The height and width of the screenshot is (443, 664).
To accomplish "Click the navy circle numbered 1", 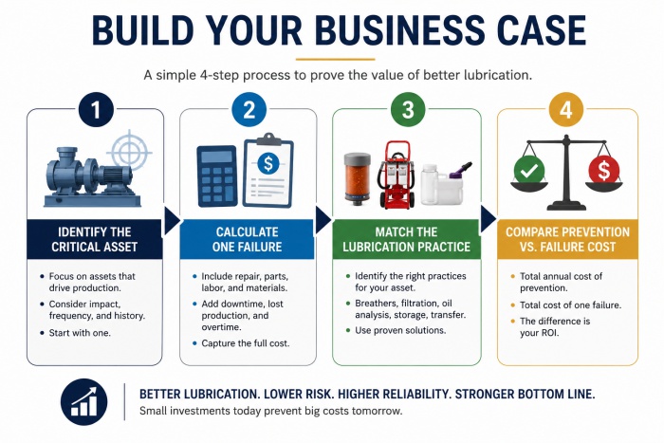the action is click(x=96, y=109).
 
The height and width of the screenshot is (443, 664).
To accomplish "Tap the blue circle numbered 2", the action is click(x=249, y=109).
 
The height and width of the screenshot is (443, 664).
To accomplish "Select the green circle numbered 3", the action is click(x=407, y=109).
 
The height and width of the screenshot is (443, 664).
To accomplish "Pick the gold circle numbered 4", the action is click(x=566, y=109).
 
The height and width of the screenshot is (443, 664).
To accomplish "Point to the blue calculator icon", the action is click(x=217, y=176).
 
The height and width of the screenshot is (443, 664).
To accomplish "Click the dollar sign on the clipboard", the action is click(x=268, y=163).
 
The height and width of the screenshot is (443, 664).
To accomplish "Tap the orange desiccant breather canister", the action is click(x=358, y=176).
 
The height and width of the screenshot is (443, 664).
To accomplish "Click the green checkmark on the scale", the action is click(x=529, y=170).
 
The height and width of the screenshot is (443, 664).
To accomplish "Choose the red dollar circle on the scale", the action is click(x=604, y=170).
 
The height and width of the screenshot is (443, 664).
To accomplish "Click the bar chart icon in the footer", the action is click(x=83, y=402).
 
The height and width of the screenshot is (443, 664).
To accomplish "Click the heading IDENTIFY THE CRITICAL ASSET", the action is click(x=95, y=239).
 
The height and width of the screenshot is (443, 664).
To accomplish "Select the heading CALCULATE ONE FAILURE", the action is click(x=248, y=239).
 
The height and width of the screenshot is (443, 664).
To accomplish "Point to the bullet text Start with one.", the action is click(x=80, y=333).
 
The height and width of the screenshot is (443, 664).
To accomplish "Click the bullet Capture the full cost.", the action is click(x=246, y=343).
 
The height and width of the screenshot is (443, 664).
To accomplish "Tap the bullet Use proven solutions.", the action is click(x=400, y=330).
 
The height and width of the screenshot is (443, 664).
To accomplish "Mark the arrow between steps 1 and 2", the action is click(x=172, y=220).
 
